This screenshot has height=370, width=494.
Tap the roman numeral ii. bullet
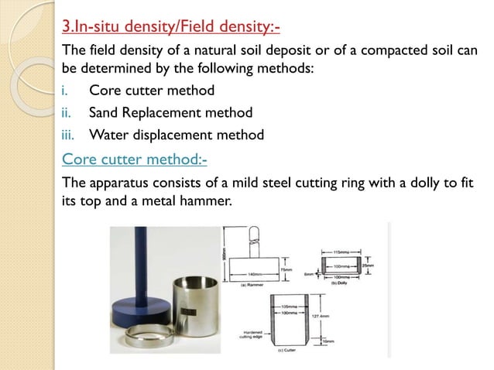pyautogui.click(x=67, y=113)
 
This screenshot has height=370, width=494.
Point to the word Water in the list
pyautogui.click(x=111, y=135)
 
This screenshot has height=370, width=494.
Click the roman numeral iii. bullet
pyautogui.click(x=69, y=135)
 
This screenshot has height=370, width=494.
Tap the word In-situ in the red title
pyautogui.click(x=105, y=29)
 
